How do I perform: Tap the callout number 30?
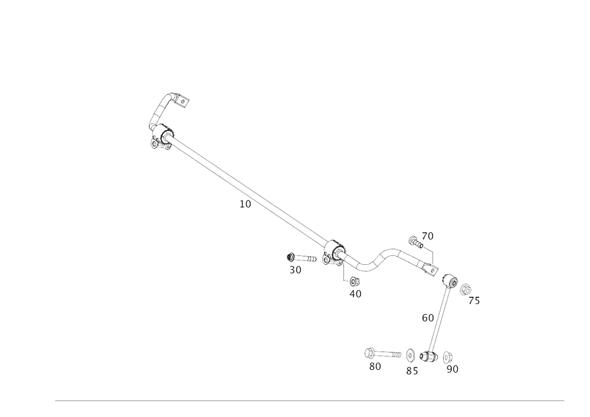click(x=296, y=271)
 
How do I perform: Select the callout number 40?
click(x=355, y=293)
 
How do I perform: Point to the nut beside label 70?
click(x=414, y=239)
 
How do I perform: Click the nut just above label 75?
click(x=465, y=288)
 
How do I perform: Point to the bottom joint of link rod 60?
click(x=429, y=356)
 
